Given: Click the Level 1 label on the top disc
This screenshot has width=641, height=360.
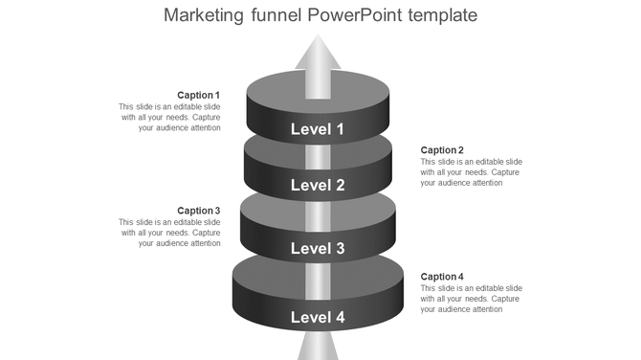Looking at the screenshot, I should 318,129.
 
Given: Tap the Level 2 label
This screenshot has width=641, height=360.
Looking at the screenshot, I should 318,186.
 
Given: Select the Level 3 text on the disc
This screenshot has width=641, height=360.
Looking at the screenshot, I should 318,249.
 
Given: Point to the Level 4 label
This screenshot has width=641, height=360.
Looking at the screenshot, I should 318,317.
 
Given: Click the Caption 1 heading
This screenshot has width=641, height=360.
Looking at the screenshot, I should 199,95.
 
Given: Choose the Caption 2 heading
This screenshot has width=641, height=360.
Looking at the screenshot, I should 442,149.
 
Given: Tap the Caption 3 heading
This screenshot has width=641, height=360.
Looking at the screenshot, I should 199,211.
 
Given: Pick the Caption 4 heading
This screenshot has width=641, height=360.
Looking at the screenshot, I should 442,277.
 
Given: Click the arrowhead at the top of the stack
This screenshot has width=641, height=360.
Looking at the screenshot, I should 318,53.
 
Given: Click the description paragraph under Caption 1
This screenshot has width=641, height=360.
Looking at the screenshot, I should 170,117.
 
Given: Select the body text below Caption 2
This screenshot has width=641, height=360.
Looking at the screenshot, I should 472,171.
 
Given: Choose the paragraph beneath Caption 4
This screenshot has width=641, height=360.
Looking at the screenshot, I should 472,299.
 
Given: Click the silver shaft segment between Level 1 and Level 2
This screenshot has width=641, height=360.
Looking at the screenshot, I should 318,156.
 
